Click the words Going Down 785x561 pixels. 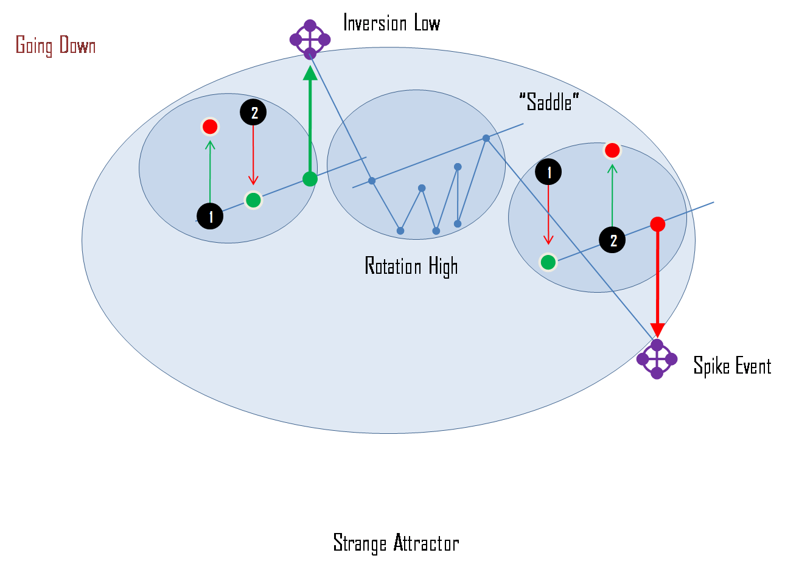[x=55, y=46]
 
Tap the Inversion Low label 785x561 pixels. [x=391, y=24]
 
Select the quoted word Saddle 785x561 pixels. [x=549, y=103]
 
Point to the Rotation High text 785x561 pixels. [x=411, y=267]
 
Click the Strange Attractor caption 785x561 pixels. [x=396, y=543]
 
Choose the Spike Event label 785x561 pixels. [x=732, y=366]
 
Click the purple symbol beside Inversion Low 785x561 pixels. [x=310, y=40]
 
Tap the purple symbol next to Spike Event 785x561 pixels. [x=657, y=359]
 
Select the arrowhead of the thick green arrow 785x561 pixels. [x=310, y=72]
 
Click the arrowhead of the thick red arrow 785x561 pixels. [x=657, y=330]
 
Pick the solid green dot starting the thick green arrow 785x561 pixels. [x=310, y=179]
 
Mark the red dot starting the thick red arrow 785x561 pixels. [x=657, y=224]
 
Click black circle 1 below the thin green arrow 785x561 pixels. [x=210, y=217]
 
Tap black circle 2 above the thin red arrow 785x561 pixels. [x=253, y=112]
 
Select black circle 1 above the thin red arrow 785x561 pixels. [x=548, y=172]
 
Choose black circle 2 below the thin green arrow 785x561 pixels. [x=612, y=240]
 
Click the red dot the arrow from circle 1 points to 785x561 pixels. [x=210, y=127]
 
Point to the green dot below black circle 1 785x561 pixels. [x=548, y=262]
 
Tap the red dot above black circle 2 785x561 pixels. [x=612, y=150]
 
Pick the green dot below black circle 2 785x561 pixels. [x=253, y=200]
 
